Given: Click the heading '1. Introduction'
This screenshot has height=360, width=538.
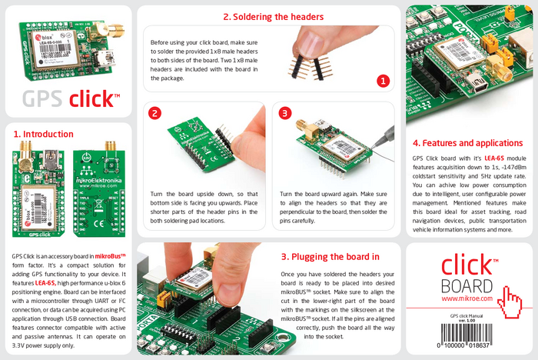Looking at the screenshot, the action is coord(43,133).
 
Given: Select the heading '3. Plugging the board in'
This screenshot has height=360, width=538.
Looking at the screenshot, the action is coord(330,256).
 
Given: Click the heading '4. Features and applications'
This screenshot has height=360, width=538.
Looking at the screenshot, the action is coord(467,143).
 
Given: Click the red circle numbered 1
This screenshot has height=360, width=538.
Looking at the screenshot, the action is coord(384,79).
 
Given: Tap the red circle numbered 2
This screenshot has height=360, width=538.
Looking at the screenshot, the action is coord(154,113).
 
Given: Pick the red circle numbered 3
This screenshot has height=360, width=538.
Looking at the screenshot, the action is coord(285,113).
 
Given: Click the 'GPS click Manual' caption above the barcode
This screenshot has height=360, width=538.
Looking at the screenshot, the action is coord(472,315).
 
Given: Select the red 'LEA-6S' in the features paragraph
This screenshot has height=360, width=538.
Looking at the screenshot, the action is coord(493,157).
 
